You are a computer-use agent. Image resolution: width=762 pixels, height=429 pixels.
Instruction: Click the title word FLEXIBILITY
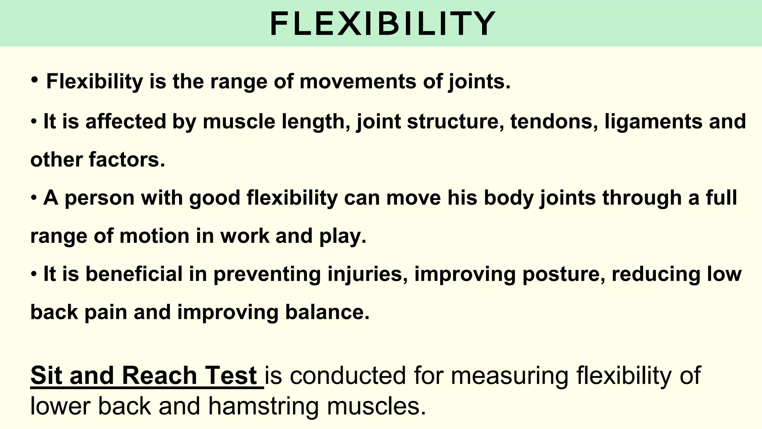[x=382, y=24]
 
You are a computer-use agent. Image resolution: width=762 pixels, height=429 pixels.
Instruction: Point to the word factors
[x=127, y=160]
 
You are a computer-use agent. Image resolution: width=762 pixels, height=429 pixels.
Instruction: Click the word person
[x=99, y=198]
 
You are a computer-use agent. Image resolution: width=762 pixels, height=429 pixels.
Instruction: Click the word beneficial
[x=134, y=274]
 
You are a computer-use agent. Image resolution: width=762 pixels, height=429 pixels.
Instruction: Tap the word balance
[x=327, y=312]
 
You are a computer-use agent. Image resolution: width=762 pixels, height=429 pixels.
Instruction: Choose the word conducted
[x=348, y=375]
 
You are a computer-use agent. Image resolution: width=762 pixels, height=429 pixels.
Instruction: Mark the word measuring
[x=510, y=376]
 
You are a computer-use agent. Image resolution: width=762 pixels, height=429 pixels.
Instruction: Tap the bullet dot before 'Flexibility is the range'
[x=35, y=79]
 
